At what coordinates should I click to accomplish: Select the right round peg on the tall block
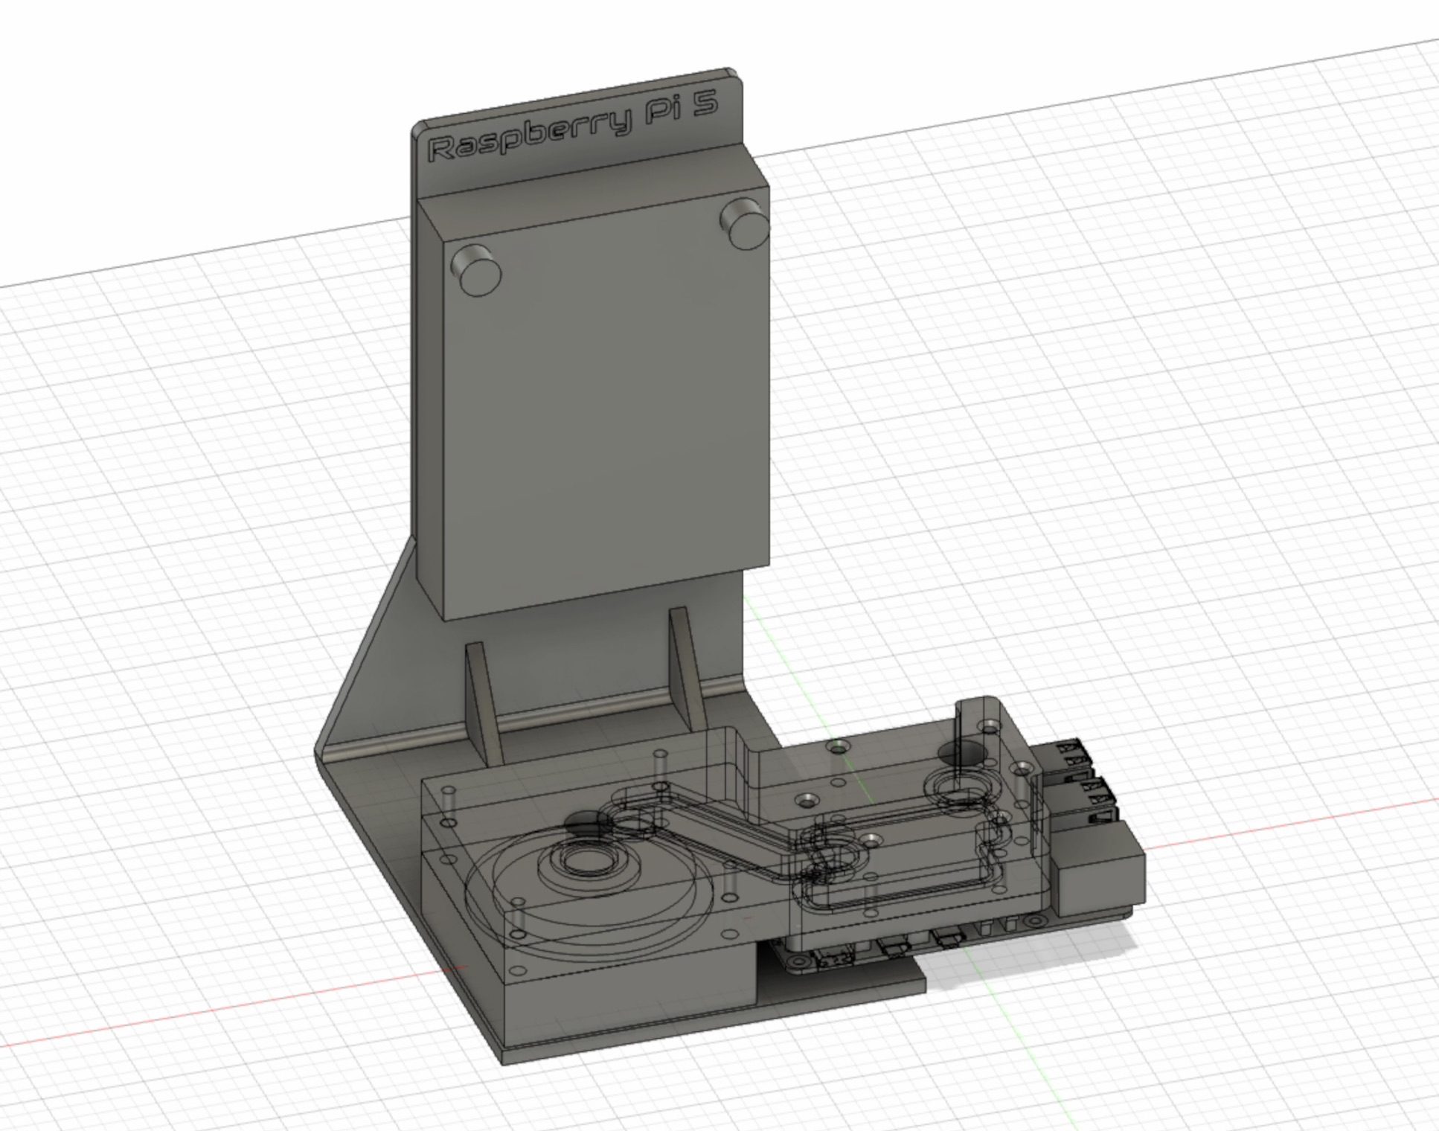745,222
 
